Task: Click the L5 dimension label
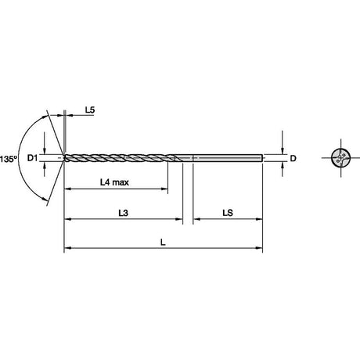(90, 110)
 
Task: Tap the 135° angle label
(9, 159)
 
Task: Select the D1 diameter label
(33, 158)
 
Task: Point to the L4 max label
(114, 182)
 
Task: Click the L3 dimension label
(124, 213)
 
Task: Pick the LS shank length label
(228, 213)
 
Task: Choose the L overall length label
(163, 243)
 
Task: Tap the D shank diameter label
(293, 158)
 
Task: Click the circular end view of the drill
(340, 158)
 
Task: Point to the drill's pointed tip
(63, 158)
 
